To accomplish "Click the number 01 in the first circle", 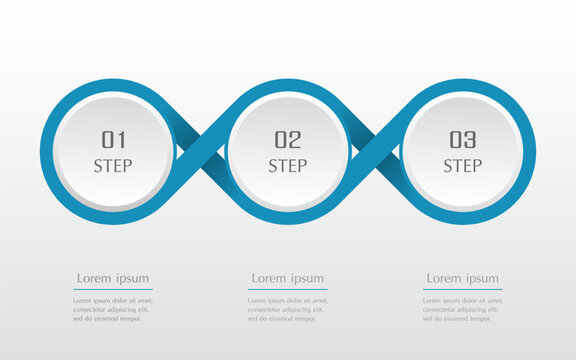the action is coord(113,140).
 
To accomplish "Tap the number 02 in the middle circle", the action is coord(288,140).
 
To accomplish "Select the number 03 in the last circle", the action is coord(462,140).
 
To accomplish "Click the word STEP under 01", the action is coord(113,166).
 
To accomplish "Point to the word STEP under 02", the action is coord(288,166).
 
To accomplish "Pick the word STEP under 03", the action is coord(462,166).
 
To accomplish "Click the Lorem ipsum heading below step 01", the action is coord(113,277).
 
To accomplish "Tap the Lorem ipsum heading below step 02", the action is coord(288,277).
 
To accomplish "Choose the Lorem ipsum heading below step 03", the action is coord(462,277).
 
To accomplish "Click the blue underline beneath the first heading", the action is coord(113,289).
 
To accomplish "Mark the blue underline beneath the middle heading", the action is coord(288,289).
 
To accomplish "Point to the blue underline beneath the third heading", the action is coord(462,289).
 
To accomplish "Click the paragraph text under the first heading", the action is coord(113,309).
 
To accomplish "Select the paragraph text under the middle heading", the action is coord(288,309).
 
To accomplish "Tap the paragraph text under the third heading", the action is coord(462,309).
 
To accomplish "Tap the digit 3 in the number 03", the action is coord(471,140).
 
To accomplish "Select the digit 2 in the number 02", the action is coord(295,140).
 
